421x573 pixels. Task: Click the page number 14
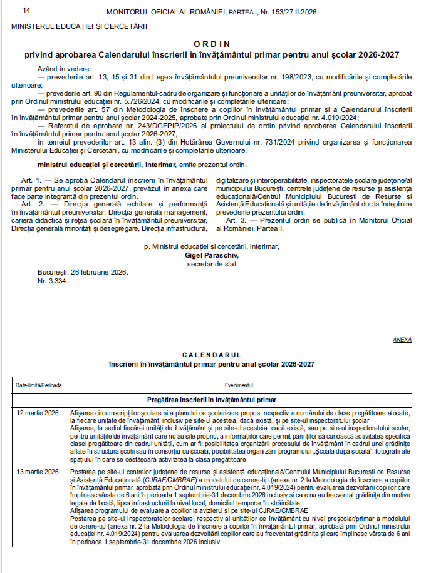click(x=26, y=11)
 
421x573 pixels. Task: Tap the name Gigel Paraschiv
click(x=210, y=255)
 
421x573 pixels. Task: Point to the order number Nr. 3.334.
click(x=53, y=280)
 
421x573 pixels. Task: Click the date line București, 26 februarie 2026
click(x=82, y=272)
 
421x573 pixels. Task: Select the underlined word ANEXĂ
click(x=402, y=339)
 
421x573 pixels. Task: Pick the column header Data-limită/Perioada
click(x=39, y=385)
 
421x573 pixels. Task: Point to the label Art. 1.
click(x=29, y=180)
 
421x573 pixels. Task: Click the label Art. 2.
click(x=29, y=204)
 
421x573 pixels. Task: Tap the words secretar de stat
click(x=210, y=263)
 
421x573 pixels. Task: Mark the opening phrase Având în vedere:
click(x=65, y=68)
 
